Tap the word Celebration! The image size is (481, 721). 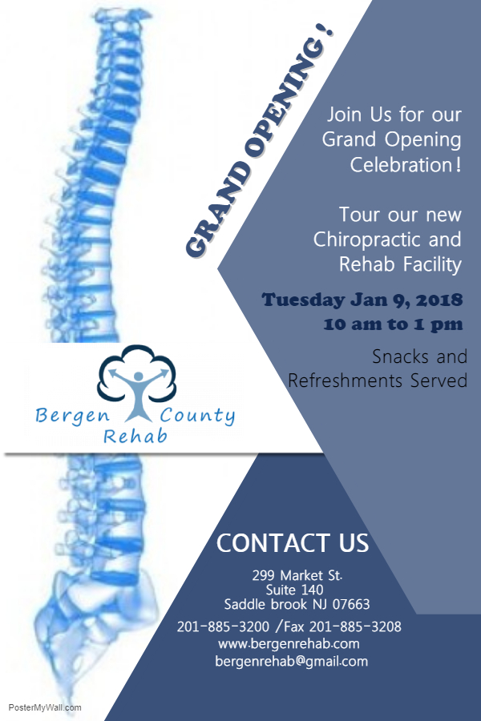click(406, 164)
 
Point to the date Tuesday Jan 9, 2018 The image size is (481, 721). click(362, 300)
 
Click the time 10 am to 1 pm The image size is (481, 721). click(393, 324)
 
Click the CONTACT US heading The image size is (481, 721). click(293, 543)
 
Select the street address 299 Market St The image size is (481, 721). click(297, 575)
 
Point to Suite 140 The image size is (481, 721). click(294, 590)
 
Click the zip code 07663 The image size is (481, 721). click(351, 604)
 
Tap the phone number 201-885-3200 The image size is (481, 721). click(223, 626)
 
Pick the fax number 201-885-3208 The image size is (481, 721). click(355, 626)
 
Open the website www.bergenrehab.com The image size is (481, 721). click(289, 644)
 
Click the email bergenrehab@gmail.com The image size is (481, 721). click(291, 662)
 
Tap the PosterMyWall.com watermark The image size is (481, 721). click(45, 707)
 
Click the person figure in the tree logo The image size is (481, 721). click(138, 394)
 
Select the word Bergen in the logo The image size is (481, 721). click(73, 416)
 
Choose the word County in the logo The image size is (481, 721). click(197, 416)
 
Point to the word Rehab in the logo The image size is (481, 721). click(135, 436)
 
